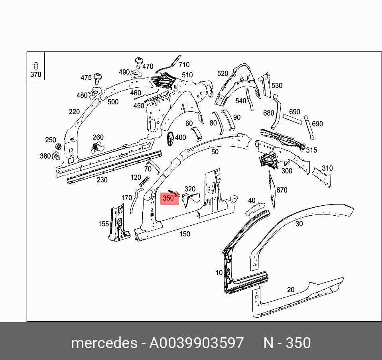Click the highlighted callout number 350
click(169, 198)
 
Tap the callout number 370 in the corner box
click(36, 74)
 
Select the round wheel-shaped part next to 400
click(171, 138)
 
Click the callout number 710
click(184, 65)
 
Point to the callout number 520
click(223, 73)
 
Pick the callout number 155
click(104, 224)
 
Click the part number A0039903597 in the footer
click(196, 343)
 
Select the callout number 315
click(311, 150)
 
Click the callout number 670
click(282, 190)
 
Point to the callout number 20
click(291, 290)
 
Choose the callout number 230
click(102, 180)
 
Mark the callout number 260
click(98, 138)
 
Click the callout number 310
click(327, 168)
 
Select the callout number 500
click(113, 102)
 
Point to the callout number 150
click(185, 234)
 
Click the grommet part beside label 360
click(57, 156)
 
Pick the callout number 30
click(299, 224)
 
